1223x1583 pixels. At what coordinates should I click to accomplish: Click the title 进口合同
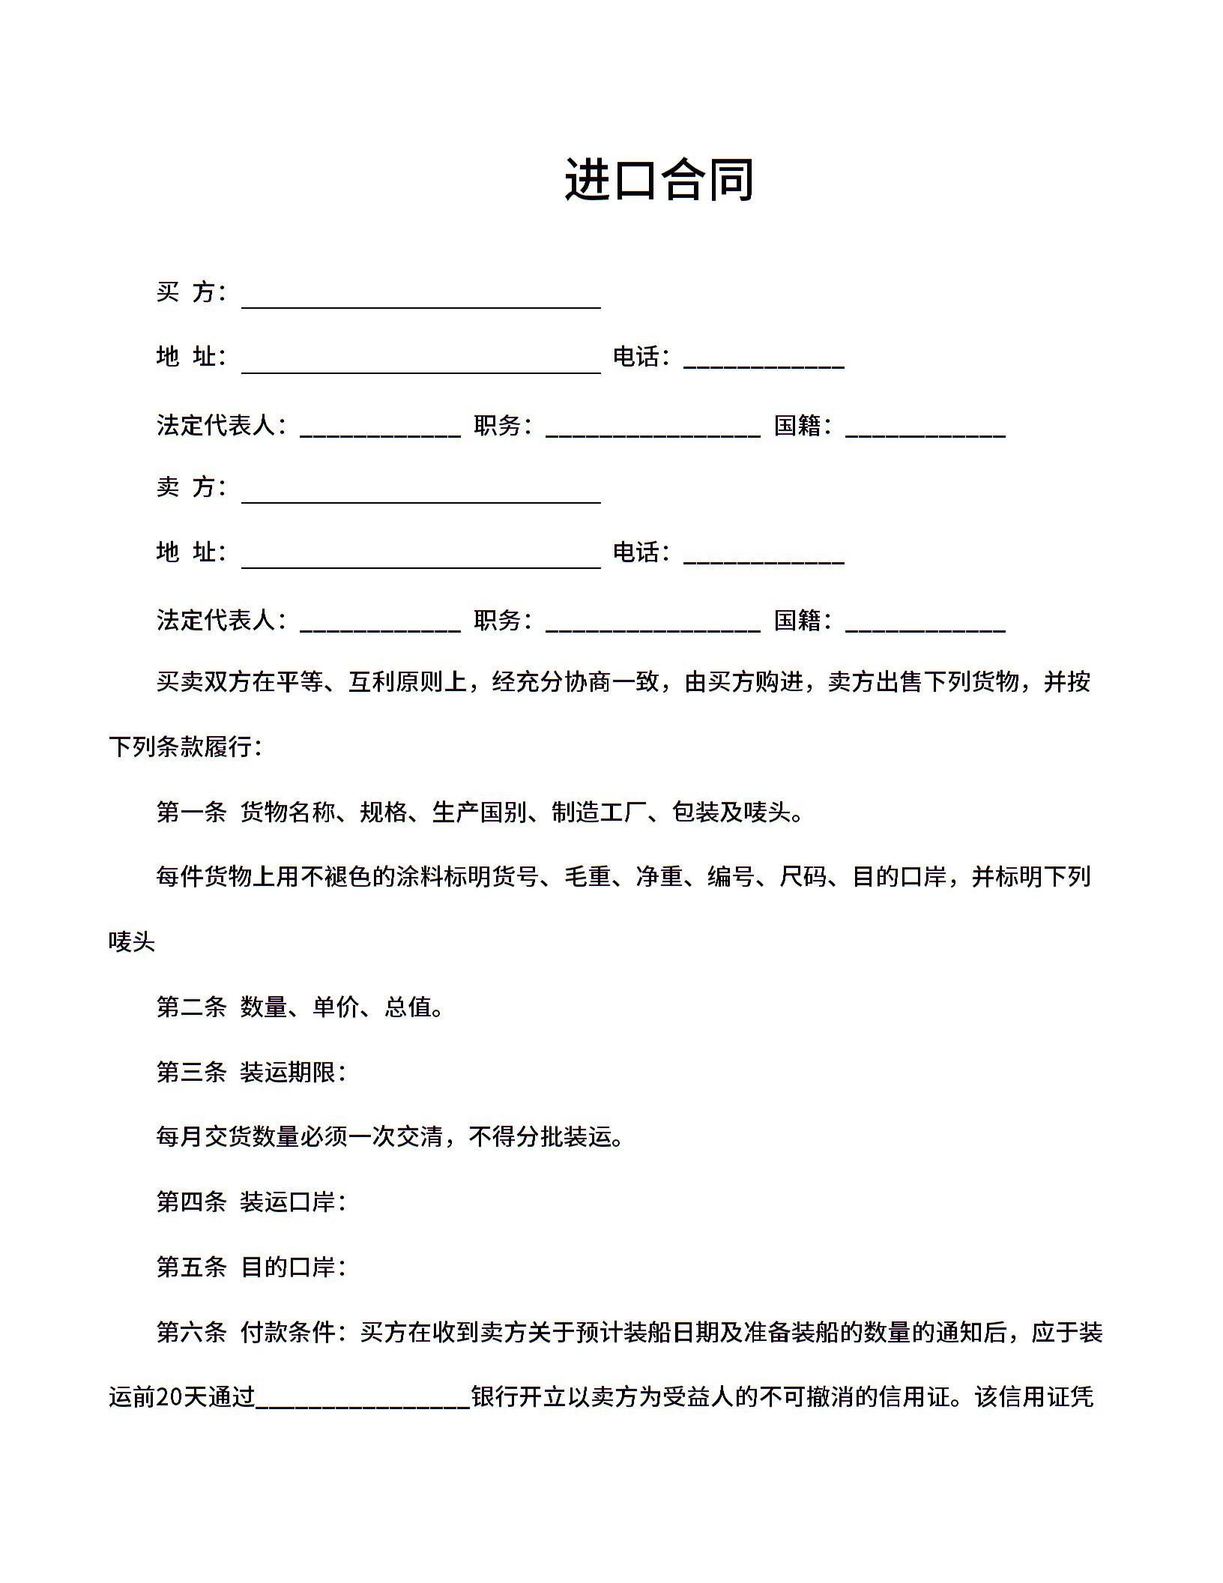[659, 180]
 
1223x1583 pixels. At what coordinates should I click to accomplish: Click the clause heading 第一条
[191, 812]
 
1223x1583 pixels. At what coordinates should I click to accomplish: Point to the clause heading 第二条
[191, 1007]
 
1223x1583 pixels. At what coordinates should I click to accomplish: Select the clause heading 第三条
[191, 1072]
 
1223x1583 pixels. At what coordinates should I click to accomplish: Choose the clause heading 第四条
[191, 1201]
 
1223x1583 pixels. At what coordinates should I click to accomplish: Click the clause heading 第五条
[191, 1267]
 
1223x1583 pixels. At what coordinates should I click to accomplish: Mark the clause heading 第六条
[191, 1332]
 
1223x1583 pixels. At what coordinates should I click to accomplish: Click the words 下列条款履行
[181, 747]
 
